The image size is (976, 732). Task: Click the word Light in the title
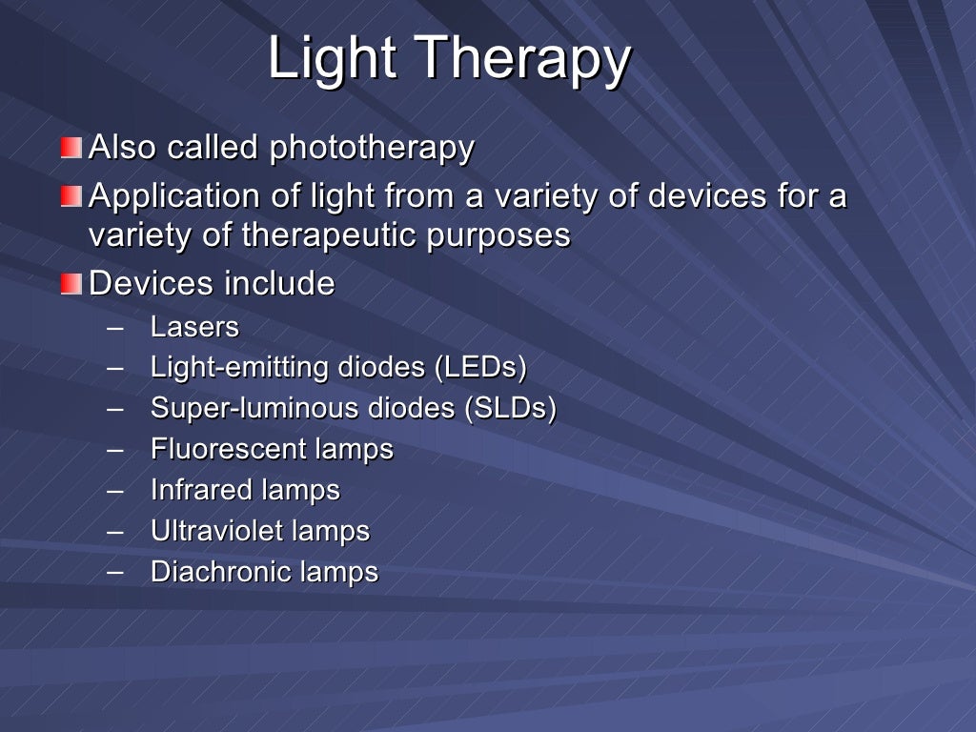pos(331,59)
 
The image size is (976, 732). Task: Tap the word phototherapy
pos(371,148)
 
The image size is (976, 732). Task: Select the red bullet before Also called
pos(71,148)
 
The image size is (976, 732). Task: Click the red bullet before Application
pos(71,196)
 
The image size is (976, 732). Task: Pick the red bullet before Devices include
pos(71,284)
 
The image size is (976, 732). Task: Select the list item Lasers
pos(194,327)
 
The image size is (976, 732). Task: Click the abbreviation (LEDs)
pos(480,367)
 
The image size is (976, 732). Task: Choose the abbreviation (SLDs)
pos(510,408)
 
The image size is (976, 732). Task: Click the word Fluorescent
pos(225,449)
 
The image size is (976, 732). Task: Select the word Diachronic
pos(221,572)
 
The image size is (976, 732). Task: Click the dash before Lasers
pos(116,327)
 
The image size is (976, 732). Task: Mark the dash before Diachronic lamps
pos(116,571)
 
